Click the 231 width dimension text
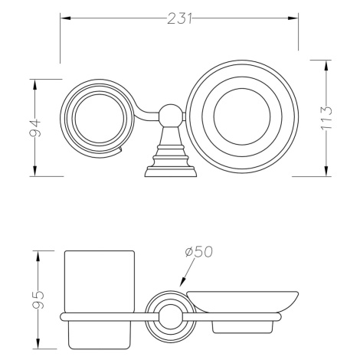click(x=179, y=18)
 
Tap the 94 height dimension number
click(x=35, y=127)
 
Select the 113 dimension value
click(x=326, y=118)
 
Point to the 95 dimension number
click(x=39, y=299)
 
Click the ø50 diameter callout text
click(x=198, y=252)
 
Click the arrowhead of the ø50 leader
click(x=182, y=282)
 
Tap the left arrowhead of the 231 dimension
click(x=65, y=18)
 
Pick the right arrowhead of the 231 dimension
click(x=293, y=18)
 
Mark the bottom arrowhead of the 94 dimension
click(x=35, y=171)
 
